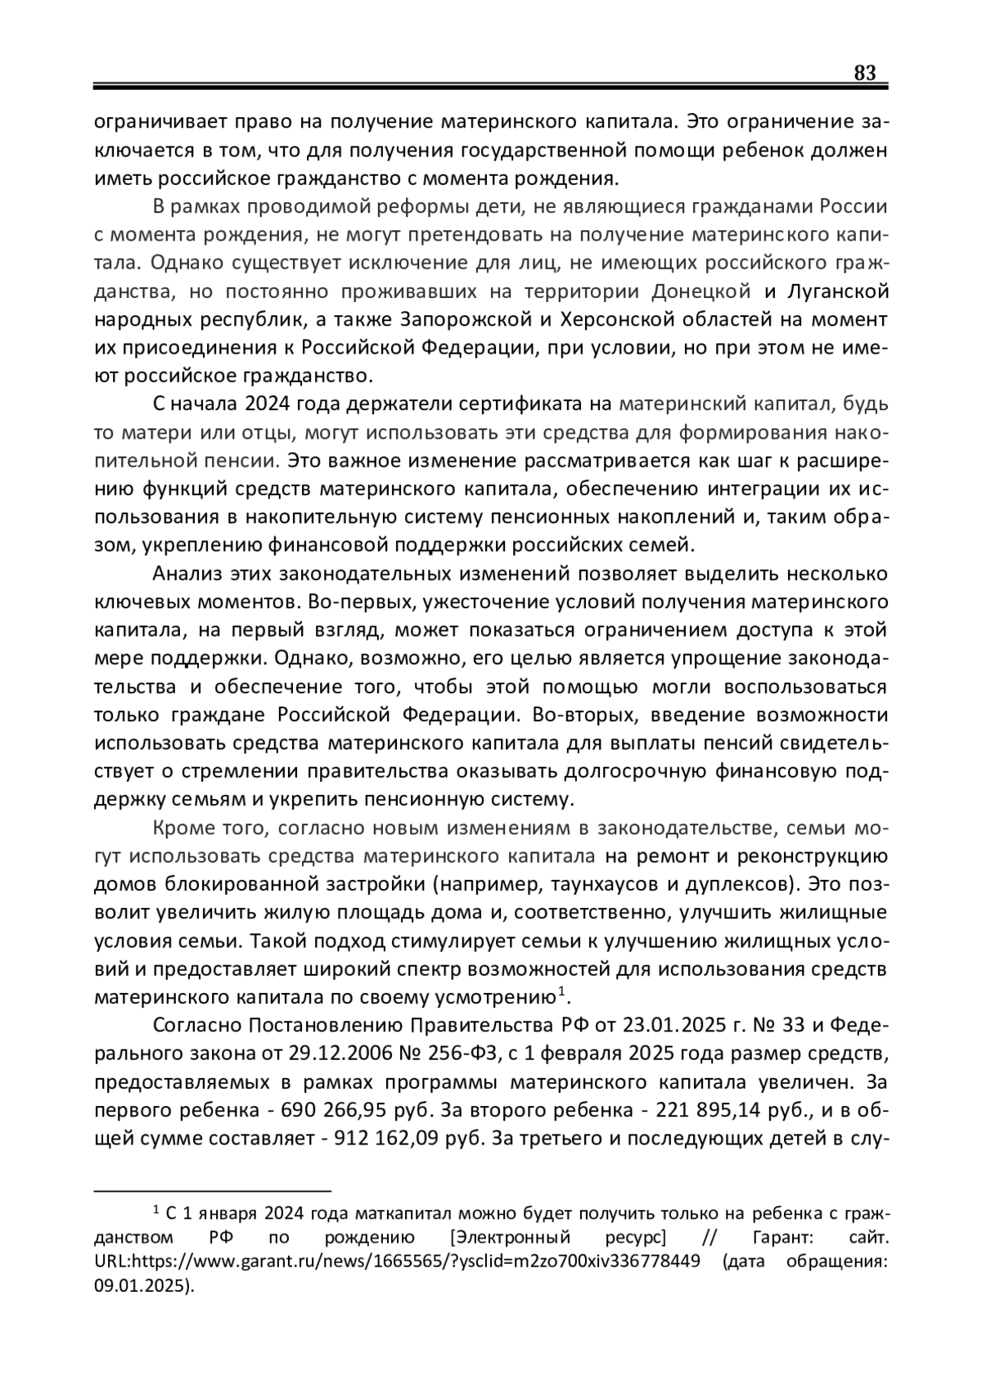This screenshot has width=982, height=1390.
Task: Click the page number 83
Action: click(864, 73)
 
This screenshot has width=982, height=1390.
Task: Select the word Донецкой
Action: click(701, 291)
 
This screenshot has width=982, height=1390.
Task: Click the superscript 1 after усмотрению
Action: click(561, 993)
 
